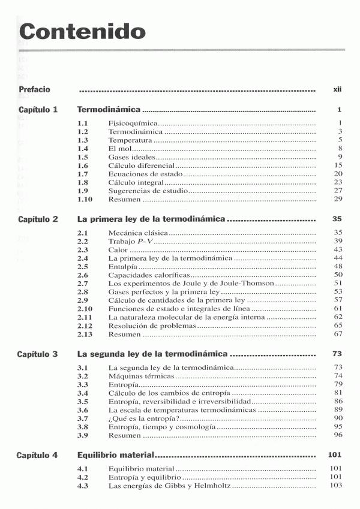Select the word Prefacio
click(34, 89)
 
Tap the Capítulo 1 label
click(38, 110)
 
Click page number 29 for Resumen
click(338, 198)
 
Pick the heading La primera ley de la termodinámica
click(151, 219)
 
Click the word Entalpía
click(122, 266)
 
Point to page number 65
click(338, 325)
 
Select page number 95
click(338, 426)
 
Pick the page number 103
click(336, 485)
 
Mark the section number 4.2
click(83, 477)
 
